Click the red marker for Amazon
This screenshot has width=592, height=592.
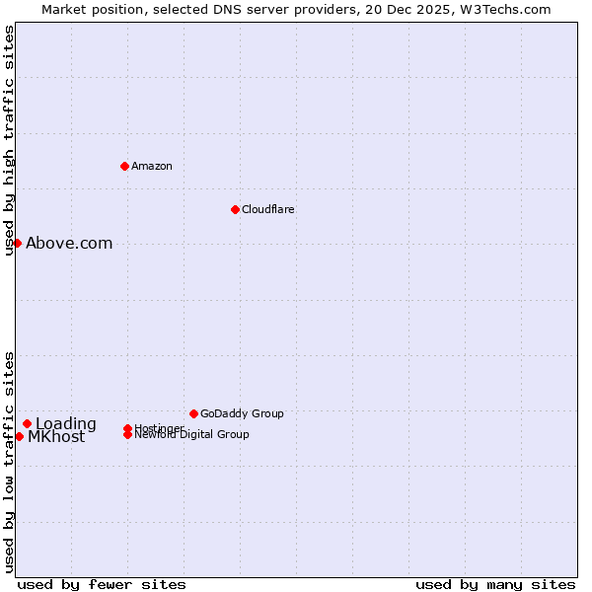coord(124,166)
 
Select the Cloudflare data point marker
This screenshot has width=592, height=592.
coord(235,209)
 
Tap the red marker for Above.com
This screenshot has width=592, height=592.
coord(17,243)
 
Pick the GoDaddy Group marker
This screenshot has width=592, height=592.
coord(193,413)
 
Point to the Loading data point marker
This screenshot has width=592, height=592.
coord(27,423)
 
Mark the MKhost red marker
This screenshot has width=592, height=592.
coord(19,436)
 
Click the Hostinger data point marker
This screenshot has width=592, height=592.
coord(127,428)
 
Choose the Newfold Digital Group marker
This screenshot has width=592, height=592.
coord(128,435)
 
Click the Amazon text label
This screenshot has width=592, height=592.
coord(151,166)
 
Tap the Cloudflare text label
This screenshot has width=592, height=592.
coord(267,209)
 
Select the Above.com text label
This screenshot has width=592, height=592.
coord(69,243)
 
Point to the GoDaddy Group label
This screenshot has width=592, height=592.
coord(242,413)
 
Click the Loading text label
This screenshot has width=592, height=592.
coord(66,424)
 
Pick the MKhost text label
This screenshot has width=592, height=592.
coord(56,437)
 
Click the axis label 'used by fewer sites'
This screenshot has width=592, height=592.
coord(102,584)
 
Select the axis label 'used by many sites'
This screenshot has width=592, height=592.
coord(495,584)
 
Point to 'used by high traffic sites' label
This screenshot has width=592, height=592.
coord(9,140)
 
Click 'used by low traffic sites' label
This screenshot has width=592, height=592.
coord(9,461)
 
